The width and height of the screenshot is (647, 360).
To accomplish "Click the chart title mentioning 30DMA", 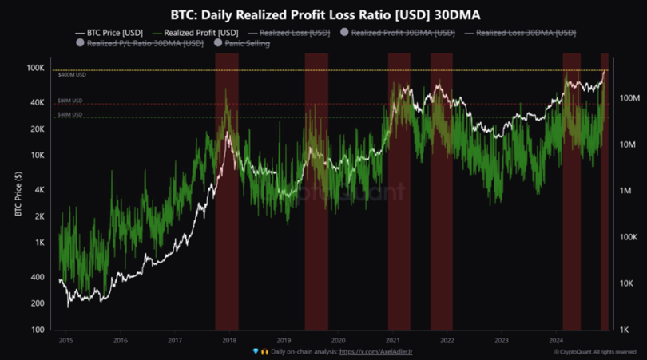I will [323, 14].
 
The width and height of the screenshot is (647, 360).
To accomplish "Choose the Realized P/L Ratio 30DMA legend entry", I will [145, 43].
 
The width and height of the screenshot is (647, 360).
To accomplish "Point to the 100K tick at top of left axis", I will [35, 69].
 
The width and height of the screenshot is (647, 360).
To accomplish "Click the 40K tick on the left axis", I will [37, 103].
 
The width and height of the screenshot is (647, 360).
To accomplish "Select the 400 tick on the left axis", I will [38, 277].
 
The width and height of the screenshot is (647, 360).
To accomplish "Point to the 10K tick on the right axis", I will [628, 283].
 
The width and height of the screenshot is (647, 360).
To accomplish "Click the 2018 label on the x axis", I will [228, 340].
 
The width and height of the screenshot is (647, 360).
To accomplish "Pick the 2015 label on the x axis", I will [65, 340].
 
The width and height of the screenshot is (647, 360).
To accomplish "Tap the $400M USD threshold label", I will [72, 74].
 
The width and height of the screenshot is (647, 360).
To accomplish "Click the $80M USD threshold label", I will [69, 101].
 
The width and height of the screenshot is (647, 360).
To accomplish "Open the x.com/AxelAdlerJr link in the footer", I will [375, 351].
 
